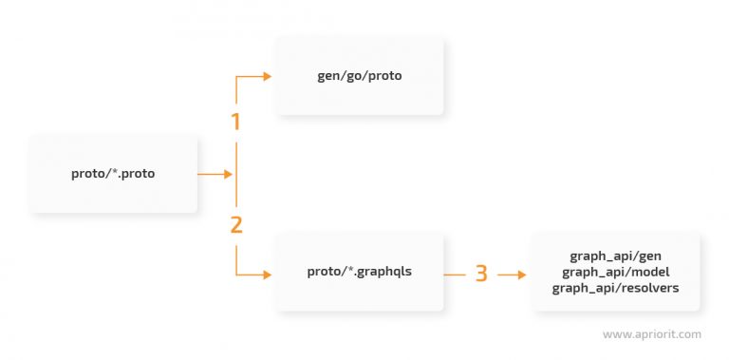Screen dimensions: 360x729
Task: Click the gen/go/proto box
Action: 360,76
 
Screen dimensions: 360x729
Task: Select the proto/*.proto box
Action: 114,174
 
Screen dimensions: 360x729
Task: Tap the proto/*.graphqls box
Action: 360,272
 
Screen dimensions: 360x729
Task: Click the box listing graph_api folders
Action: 615,272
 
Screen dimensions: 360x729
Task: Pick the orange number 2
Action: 235,225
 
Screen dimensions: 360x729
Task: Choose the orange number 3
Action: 481,274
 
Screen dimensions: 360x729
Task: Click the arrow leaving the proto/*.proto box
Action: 216,175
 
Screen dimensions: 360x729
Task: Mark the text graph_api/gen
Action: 615,257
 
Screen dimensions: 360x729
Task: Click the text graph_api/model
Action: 615,272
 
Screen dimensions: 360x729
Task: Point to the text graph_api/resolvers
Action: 615,287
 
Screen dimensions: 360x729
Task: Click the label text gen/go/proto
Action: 360,76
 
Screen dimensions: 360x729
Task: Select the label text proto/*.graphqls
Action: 360,272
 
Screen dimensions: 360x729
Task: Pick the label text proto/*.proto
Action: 114,174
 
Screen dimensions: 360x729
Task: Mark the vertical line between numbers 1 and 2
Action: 235,174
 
